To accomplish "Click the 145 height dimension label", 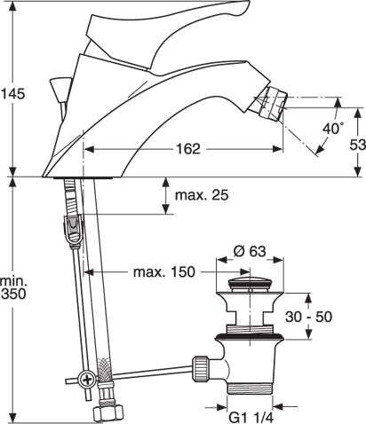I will (x=12, y=93).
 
